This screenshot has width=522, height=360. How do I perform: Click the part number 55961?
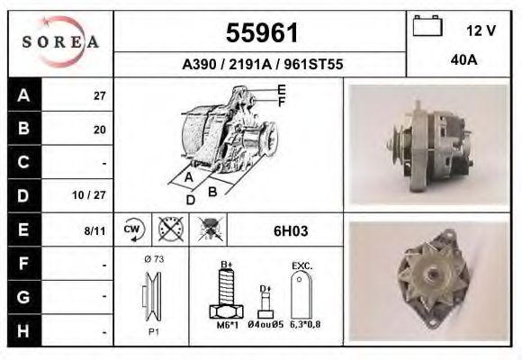[x=261, y=33]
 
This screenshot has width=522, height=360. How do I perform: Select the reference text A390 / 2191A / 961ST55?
[x=262, y=65]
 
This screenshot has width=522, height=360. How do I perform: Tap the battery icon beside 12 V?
[x=426, y=28]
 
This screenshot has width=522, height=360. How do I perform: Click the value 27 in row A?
[x=100, y=96]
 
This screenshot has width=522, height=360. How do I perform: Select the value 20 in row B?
[x=100, y=130]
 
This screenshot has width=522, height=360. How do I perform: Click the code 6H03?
[x=291, y=230]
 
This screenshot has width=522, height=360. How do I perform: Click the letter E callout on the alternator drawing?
[x=282, y=88]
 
